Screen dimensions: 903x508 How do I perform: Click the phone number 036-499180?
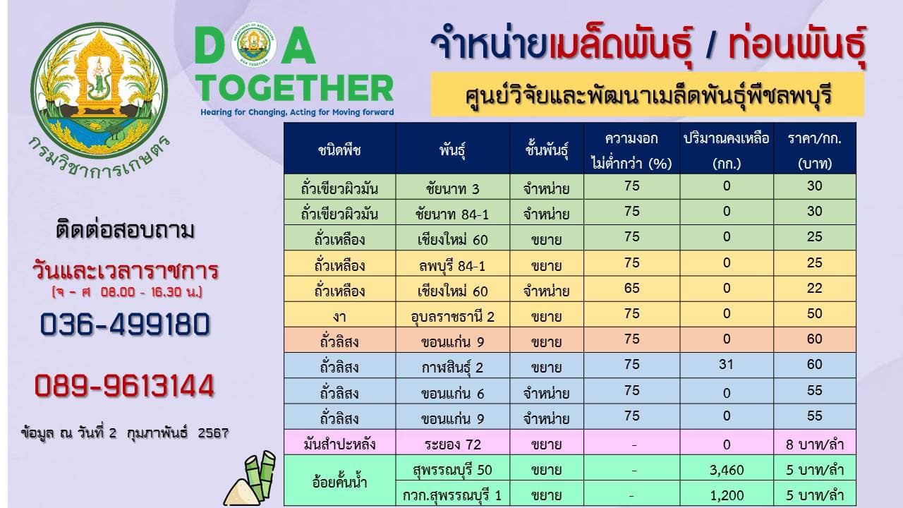pos(125,325)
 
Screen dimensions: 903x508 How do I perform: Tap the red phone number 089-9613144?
pos(124,386)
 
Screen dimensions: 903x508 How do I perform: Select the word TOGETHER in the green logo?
pos(294,88)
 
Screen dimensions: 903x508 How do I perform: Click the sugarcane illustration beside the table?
pos(250,479)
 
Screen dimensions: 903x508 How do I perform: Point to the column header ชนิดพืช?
pos(339,150)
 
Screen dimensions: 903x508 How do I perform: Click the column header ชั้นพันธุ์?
pos(547,150)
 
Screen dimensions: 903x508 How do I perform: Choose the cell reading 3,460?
pos(727,470)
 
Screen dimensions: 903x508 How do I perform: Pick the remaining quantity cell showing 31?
pos(726,365)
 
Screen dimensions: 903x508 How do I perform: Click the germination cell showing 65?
pos(631,289)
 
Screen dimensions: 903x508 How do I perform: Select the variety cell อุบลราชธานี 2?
pos(452,317)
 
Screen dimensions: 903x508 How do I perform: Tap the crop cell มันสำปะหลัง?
pos(339,445)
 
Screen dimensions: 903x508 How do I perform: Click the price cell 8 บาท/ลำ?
pos(815,445)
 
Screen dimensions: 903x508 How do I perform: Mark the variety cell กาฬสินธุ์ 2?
pos(452,368)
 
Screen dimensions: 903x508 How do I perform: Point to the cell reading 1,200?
pos(727,495)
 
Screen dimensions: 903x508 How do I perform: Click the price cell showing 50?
pos(814,314)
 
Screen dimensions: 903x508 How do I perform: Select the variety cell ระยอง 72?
pos(452,445)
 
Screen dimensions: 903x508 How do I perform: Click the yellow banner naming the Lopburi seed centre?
pos(648,95)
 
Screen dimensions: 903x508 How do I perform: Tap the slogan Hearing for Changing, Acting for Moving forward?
pos(297,112)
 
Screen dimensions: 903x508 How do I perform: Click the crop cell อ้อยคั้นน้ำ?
pos(339,482)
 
